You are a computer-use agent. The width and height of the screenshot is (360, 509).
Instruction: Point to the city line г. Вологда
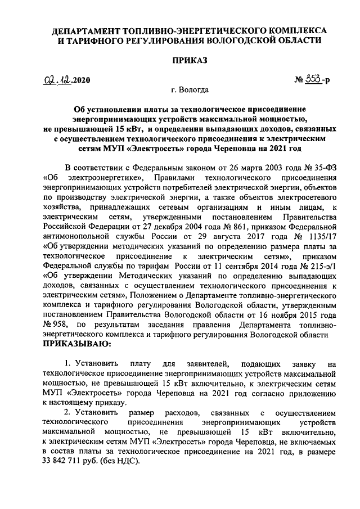point(190,90)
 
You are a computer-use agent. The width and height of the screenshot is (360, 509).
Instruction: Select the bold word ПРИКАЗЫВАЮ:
point(77,343)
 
